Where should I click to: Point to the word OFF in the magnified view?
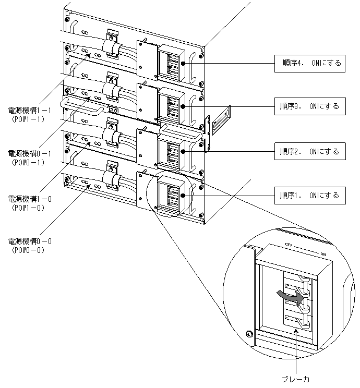(288, 244)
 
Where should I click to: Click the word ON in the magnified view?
(323, 254)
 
